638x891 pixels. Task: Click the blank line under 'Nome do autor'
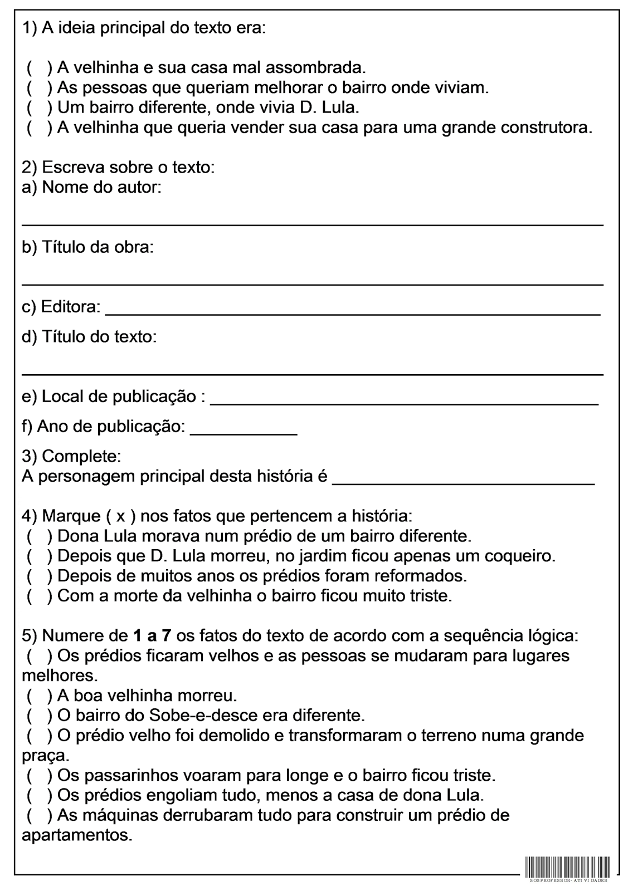(x=312, y=223)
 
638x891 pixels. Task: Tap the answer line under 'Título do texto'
(x=312, y=373)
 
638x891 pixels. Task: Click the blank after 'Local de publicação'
(x=405, y=402)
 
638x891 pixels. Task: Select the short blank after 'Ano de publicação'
(x=243, y=433)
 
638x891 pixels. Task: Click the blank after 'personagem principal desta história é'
(x=463, y=483)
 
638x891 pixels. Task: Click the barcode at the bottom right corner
(x=567, y=867)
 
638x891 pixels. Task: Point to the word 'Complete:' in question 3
(x=81, y=457)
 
